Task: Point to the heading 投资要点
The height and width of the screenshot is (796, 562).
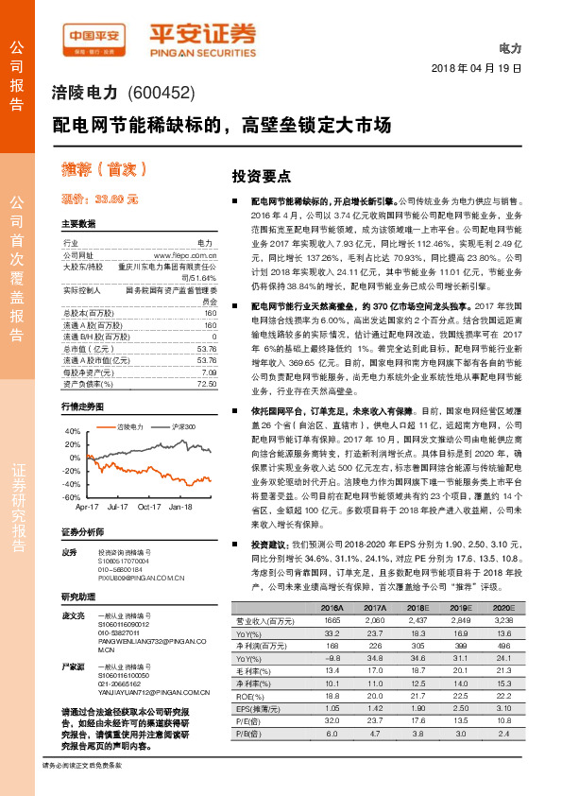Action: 261,177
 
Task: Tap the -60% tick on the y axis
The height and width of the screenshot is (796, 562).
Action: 72,497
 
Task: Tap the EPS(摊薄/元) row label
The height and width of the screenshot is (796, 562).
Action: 256,706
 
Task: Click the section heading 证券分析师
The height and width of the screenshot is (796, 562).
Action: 82,532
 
